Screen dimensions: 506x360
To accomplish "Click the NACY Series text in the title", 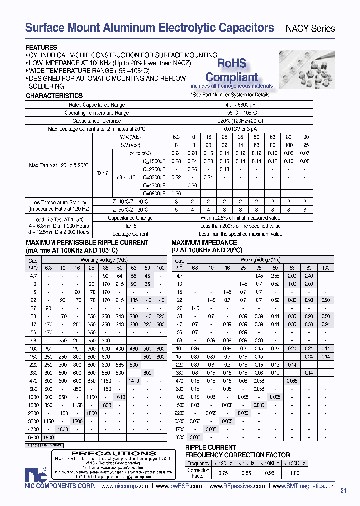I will tap(310, 29).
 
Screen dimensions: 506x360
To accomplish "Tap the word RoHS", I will tap(231, 63).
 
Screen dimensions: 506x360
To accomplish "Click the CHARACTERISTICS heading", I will tap(54, 96).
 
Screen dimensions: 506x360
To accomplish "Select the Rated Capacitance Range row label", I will tap(97, 105).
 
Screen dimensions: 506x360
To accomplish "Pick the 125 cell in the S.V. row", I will tap(305, 145).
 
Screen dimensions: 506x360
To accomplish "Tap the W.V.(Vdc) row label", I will tap(128, 137).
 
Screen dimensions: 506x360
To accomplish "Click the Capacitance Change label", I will tap(130, 218).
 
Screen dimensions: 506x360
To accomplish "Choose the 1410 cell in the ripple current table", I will tap(134, 366).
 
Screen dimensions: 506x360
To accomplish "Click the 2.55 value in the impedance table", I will tap(275, 275).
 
